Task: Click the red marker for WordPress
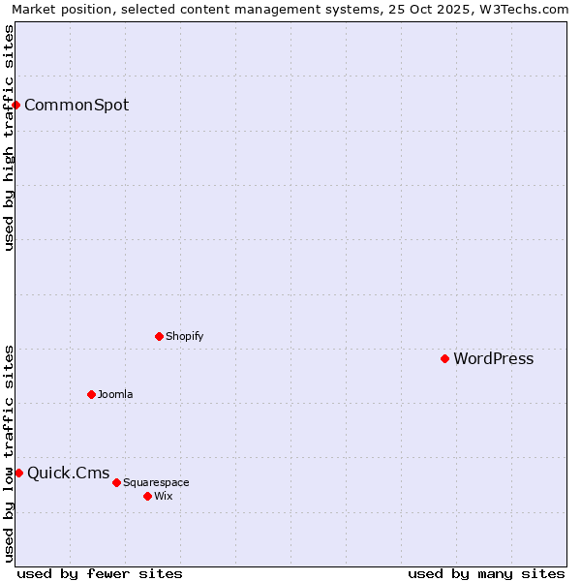444,358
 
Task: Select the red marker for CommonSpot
16,105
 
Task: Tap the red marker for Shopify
159,336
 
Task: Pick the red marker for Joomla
91,394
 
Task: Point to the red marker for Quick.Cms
18,473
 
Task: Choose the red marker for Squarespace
116,482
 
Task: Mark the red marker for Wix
147,496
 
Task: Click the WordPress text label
493,358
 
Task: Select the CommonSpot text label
76,105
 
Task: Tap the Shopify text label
184,336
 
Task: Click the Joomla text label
115,394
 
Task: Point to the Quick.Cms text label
69,473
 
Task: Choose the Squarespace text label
156,482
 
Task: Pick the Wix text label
164,496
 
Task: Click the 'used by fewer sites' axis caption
100,573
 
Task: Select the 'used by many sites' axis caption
486,573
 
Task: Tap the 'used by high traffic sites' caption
9,138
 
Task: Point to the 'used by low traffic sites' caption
9,453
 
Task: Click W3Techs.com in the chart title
524,9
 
